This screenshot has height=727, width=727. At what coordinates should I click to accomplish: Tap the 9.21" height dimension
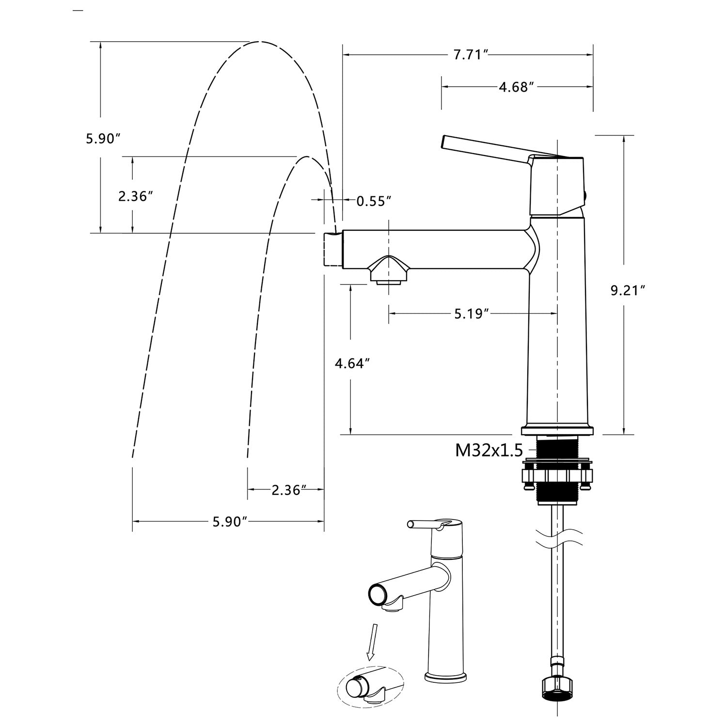coord(628,290)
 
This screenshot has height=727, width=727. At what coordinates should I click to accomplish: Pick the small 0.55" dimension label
coord(374,201)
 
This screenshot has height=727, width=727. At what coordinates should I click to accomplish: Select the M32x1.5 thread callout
coord(489,451)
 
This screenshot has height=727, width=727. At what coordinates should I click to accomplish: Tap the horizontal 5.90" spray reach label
coord(230,522)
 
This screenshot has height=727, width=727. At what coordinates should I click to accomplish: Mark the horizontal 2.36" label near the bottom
coord(288,490)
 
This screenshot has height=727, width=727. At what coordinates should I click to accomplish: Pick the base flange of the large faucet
coord(557,430)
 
